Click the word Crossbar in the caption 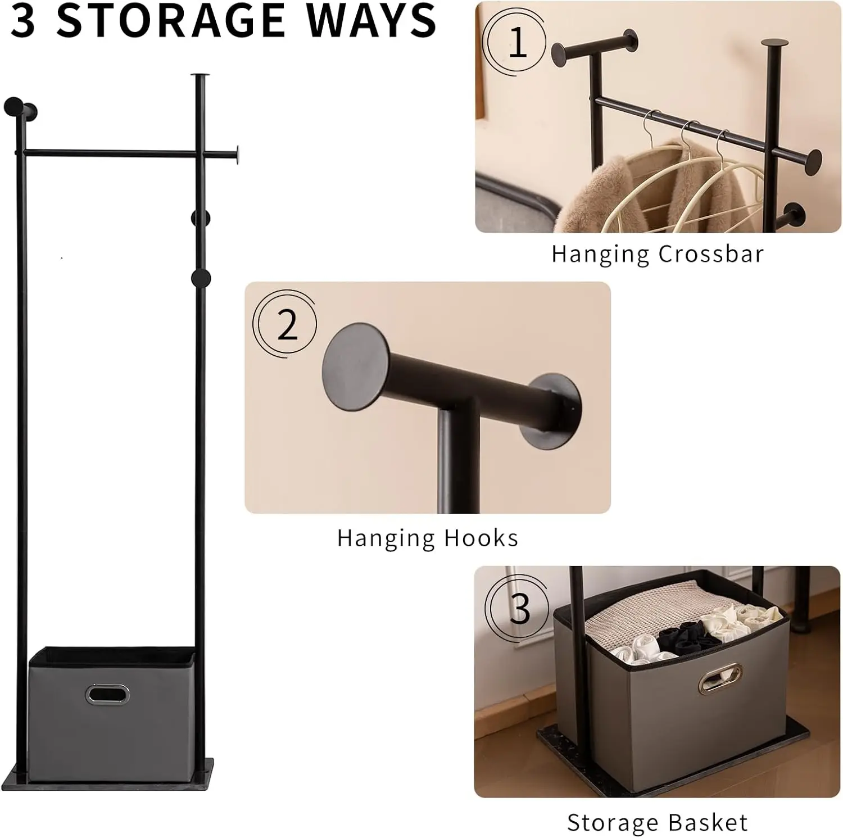pos(711,253)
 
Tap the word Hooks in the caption pos(481,538)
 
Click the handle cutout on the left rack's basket pos(107,695)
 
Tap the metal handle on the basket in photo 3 pos(720,678)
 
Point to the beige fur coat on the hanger pos(596,197)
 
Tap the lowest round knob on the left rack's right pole pos(201,278)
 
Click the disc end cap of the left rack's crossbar pos(237,154)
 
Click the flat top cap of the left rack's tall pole pos(199,75)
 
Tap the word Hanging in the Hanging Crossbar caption pos(600,253)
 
